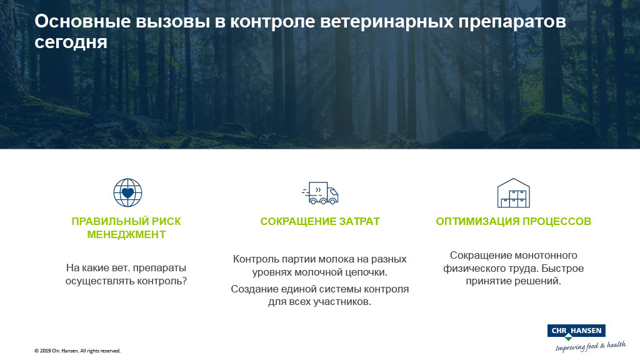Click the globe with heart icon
[x=127, y=192]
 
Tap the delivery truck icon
[x=320, y=193]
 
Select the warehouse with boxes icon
[x=514, y=193]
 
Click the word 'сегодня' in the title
[x=71, y=42]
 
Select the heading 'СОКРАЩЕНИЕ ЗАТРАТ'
[x=320, y=221]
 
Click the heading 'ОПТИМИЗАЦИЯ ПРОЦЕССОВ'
[x=514, y=221]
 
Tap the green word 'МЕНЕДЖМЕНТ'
[x=126, y=234]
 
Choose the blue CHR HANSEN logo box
[x=576, y=331]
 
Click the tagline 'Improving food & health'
[x=591, y=346]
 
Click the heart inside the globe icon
[x=127, y=192]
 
